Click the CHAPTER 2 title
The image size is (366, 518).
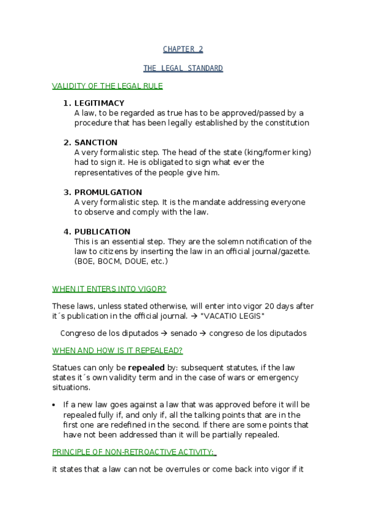(183, 49)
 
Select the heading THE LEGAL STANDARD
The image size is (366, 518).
(183, 68)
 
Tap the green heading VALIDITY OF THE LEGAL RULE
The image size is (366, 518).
(108, 86)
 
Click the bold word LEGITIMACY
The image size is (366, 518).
(99, 103)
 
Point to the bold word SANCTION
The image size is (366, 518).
(96, 142)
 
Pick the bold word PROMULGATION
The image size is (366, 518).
(108, 192)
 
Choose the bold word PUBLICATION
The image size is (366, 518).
(102, 232)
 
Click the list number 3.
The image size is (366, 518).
(67, 192)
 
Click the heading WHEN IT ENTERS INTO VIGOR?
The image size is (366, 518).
(109, 288)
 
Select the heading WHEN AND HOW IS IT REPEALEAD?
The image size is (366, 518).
(117, 350)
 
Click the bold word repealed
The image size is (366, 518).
(146, 368)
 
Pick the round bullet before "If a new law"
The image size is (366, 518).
(55, 405)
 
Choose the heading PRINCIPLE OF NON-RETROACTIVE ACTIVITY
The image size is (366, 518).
(133, 452)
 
